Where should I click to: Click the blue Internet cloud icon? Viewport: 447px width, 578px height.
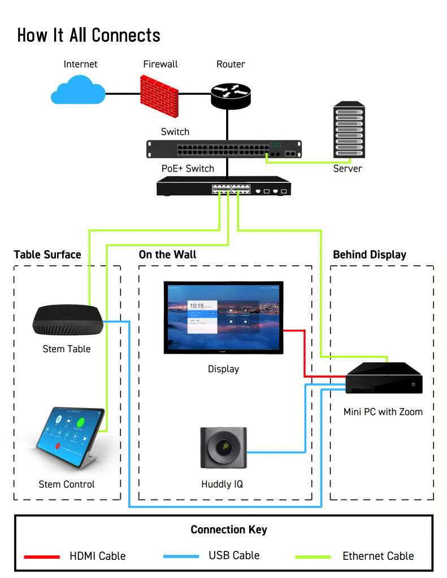pos(78,91)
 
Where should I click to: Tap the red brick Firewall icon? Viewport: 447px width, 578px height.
pos(159,92)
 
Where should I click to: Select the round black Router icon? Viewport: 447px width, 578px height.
pos(230,94)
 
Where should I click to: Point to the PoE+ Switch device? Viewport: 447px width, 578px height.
pos(224,186)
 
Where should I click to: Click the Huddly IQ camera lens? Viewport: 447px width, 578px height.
pos(224,448)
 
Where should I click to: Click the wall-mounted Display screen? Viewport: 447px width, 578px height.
pos(223,317)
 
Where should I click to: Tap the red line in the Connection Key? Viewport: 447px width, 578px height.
pos(42,557)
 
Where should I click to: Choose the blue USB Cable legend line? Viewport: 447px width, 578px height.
pos(181,557)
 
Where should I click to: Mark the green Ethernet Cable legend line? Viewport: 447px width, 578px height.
pos(313,557)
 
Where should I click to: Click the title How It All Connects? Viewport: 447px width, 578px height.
pos(89,35)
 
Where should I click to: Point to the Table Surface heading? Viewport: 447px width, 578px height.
pos(47,255)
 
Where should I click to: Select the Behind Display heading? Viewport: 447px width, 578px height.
pos(369,255)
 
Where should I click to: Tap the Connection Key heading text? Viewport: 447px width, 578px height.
pos(228,529)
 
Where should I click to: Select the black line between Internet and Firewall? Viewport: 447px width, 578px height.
pos(123,93)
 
